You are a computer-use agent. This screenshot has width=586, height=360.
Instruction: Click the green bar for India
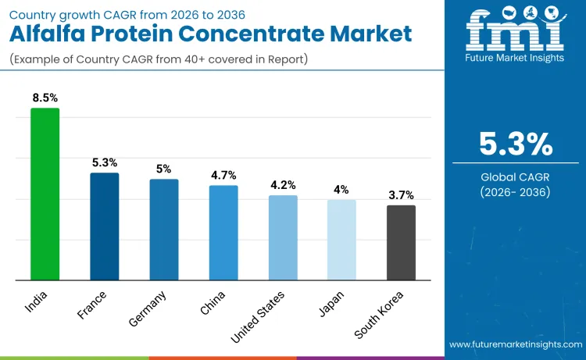45,194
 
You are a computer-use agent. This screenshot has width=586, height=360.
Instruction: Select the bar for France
104,226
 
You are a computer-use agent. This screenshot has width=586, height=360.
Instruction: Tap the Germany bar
164,230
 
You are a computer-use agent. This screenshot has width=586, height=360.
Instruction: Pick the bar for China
223,233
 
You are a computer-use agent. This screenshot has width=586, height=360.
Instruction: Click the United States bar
283,237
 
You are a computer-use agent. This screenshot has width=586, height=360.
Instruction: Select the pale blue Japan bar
341,240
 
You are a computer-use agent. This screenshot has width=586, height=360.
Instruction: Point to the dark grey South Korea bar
401,242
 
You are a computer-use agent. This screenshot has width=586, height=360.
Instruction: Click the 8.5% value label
45,98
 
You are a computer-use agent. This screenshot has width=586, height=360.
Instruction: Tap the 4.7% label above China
223,175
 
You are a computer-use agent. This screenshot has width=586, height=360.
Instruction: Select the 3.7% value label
401,195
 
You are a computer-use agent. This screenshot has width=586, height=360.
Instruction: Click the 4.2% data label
283,185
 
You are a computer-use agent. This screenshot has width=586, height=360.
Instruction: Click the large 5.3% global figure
516,144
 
